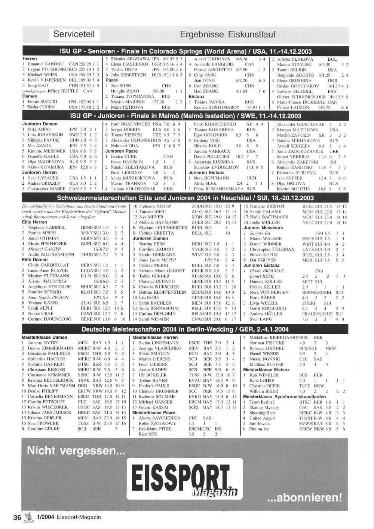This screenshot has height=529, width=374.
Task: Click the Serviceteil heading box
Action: [74, 34]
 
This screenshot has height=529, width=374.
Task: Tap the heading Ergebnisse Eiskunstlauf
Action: [227, 34]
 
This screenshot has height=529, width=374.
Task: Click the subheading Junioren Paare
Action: [122, 151]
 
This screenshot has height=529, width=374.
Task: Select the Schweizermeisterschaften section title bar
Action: [186, 197]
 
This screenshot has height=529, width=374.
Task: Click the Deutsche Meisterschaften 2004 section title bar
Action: [186, 329]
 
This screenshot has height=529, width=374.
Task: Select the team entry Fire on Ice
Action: [259, 429]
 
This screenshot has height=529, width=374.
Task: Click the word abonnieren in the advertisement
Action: [304, 498]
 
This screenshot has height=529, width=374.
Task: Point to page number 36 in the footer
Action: [17, 518]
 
